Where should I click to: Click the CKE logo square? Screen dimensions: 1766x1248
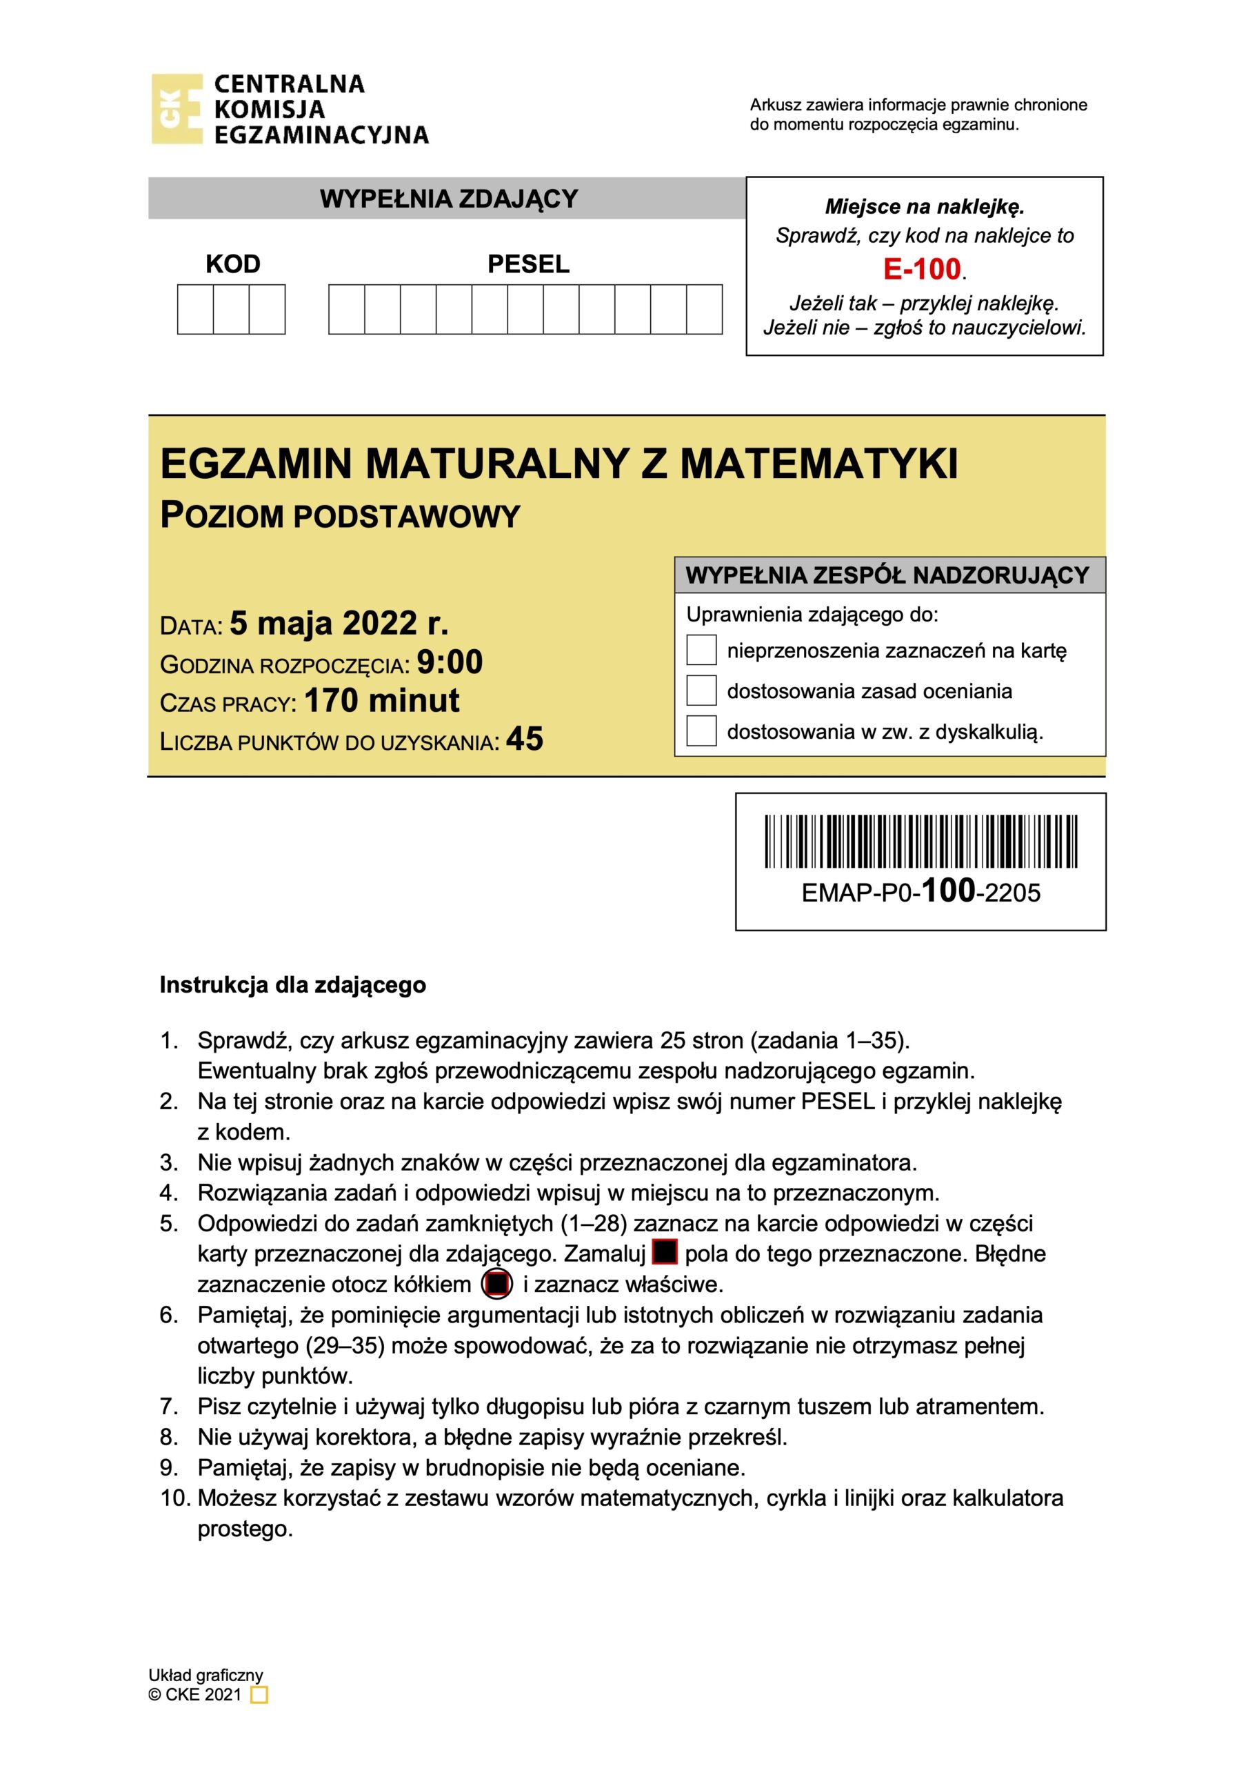coord(176,109)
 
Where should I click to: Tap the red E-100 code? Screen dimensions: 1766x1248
coord(922,269)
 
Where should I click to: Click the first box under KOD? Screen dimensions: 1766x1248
coord(195,309)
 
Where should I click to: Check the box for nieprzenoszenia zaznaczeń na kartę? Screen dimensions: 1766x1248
coord(701,650)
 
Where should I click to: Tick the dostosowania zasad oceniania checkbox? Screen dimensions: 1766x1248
coord(701,691)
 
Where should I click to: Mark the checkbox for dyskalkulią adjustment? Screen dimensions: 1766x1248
coord(701,731)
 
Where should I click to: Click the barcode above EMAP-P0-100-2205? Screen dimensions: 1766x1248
coord(920,841)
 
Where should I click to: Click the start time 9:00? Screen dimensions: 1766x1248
coord(450,662)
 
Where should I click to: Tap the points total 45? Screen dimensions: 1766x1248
coord(525,739)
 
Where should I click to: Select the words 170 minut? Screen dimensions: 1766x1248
coord(382,701)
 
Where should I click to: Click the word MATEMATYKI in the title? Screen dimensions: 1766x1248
coord(819,464)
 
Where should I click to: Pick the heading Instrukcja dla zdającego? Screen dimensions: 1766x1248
coord(292,985)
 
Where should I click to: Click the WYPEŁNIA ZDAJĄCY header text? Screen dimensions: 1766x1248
coord(448,199)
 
